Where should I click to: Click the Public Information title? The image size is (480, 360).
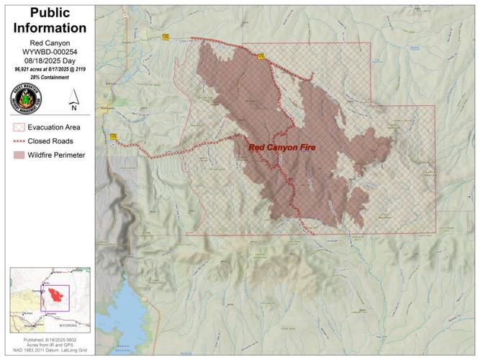point(49,22)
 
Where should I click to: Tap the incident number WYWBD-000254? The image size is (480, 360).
point(49,53)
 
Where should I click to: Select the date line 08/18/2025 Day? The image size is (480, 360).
point(49,61)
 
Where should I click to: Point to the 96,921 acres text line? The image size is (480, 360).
point(49,69)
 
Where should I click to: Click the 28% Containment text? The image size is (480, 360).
point(49,76)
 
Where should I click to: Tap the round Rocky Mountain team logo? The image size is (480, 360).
point(26,99)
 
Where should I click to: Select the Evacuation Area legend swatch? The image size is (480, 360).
point(19,127)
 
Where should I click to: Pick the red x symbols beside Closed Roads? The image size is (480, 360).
point(19,141)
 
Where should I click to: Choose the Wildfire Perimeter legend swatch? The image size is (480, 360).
point(19,155)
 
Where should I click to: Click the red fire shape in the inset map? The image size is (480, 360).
point(57,296)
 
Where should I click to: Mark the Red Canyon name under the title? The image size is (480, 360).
point(49,44)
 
